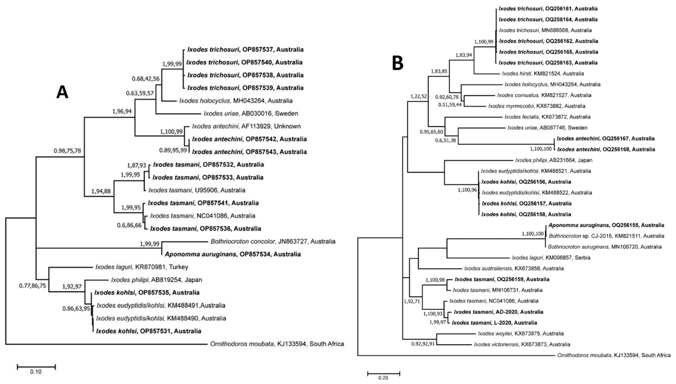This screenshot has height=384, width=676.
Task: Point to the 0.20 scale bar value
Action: pyautogui.click(x=383, y=378)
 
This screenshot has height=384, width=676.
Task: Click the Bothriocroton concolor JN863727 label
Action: pyautogui.click(x=273, y=241)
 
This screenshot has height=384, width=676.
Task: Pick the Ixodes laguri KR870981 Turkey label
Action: pyautogui.click(x=142, y=267)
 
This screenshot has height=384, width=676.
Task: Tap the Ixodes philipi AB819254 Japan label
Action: pyautogui.click(x=156, y=280)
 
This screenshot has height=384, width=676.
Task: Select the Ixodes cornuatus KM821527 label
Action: pyautogui.click(x=544, y=95)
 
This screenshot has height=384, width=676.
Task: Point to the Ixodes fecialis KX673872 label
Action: pyautogui.click(x=547, y=117)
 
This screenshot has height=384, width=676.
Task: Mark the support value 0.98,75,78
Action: pyautogui.click(x=67, y=151)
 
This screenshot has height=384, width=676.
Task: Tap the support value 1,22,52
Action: pyautogui.click(x=418, y=96)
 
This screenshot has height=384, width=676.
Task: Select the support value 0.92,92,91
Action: pyautogui.click(x=423, y=344)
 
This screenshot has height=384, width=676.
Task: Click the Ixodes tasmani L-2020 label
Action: pyautogui.click(x=494, y=323)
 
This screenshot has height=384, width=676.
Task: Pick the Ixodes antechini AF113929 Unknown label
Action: pyautogui.click(x=246, y=126)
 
